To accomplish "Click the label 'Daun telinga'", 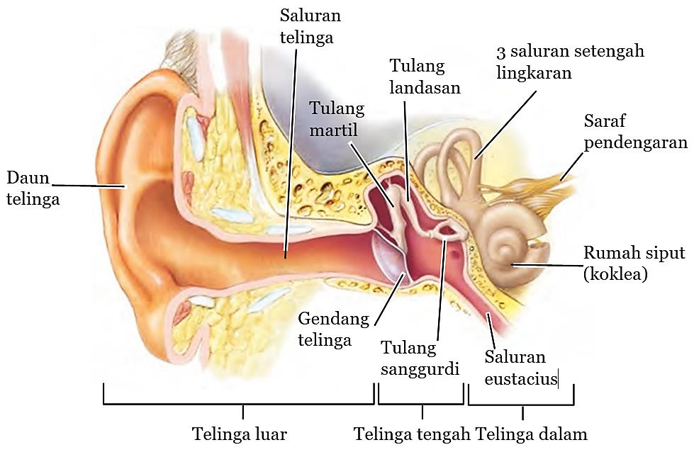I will [x=33, y=187].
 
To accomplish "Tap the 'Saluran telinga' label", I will [x=310, y=26].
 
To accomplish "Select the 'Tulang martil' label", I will [x=337, y=119].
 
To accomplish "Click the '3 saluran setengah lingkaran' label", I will [x=570, y=62].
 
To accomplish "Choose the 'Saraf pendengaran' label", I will [x=635, y=132].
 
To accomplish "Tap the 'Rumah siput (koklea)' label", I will [x=634, y=264].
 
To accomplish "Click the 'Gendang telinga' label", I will [x=333, y=329].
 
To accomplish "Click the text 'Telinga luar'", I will [x=240, y=434].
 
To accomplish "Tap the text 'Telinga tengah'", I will [x=413, y=434].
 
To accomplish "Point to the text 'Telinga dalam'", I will [x=532, y=434].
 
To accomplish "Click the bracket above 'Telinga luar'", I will [x=239, y=404].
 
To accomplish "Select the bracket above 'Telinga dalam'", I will [x=521, y=405].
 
